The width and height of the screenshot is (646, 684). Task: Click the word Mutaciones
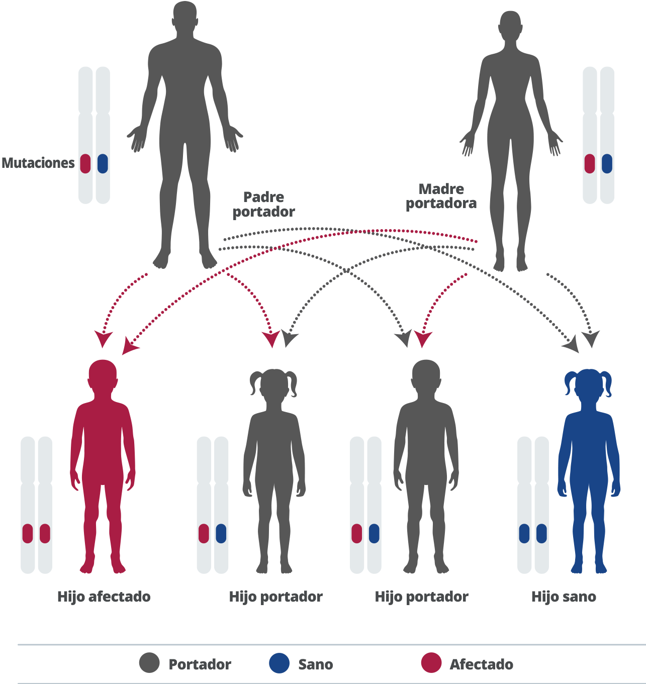click(38, 163)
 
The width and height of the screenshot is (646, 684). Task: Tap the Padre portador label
click(263, 204)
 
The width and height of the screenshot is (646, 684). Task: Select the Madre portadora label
click(441, 196)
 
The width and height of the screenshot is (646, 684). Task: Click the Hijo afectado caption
click(104, 597)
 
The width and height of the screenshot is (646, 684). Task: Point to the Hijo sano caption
click(564, 597)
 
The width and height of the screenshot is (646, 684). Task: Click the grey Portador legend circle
click(149, 663)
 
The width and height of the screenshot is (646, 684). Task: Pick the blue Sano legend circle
click(280, 663)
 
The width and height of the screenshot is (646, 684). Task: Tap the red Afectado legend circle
click(431, 663)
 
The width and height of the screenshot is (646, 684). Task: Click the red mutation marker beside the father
click(85, 163)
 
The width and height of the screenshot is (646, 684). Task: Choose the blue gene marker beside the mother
click(607, 163)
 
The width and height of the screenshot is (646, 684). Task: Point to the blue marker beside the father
click(103, 163)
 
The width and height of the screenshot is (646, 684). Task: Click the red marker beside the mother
click(590, 163)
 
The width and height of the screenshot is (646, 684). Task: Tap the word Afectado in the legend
click(481, 664)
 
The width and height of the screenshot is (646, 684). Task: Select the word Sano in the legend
click(316, 664)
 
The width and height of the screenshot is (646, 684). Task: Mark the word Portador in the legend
click(200, 664)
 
